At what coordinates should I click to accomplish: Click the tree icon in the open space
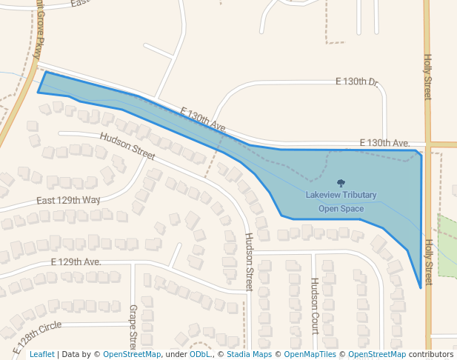(341, 183)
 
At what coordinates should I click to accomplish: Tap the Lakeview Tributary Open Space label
(341, 201)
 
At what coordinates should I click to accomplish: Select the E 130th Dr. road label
(357, 81)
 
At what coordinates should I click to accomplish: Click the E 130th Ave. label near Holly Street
(384, 142)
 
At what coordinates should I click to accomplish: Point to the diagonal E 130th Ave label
(203, 119)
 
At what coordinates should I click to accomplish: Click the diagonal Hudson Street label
(127, 146)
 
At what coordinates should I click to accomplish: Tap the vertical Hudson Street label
(250, 261)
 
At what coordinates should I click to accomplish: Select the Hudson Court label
(314, 306)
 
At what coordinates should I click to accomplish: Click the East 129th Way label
(68, 201)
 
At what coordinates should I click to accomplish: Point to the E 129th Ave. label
(76, 262)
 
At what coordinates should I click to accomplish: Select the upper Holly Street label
(427, 76)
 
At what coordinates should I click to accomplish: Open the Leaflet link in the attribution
(41, 354)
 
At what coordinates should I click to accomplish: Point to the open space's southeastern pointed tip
(421, 287)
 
